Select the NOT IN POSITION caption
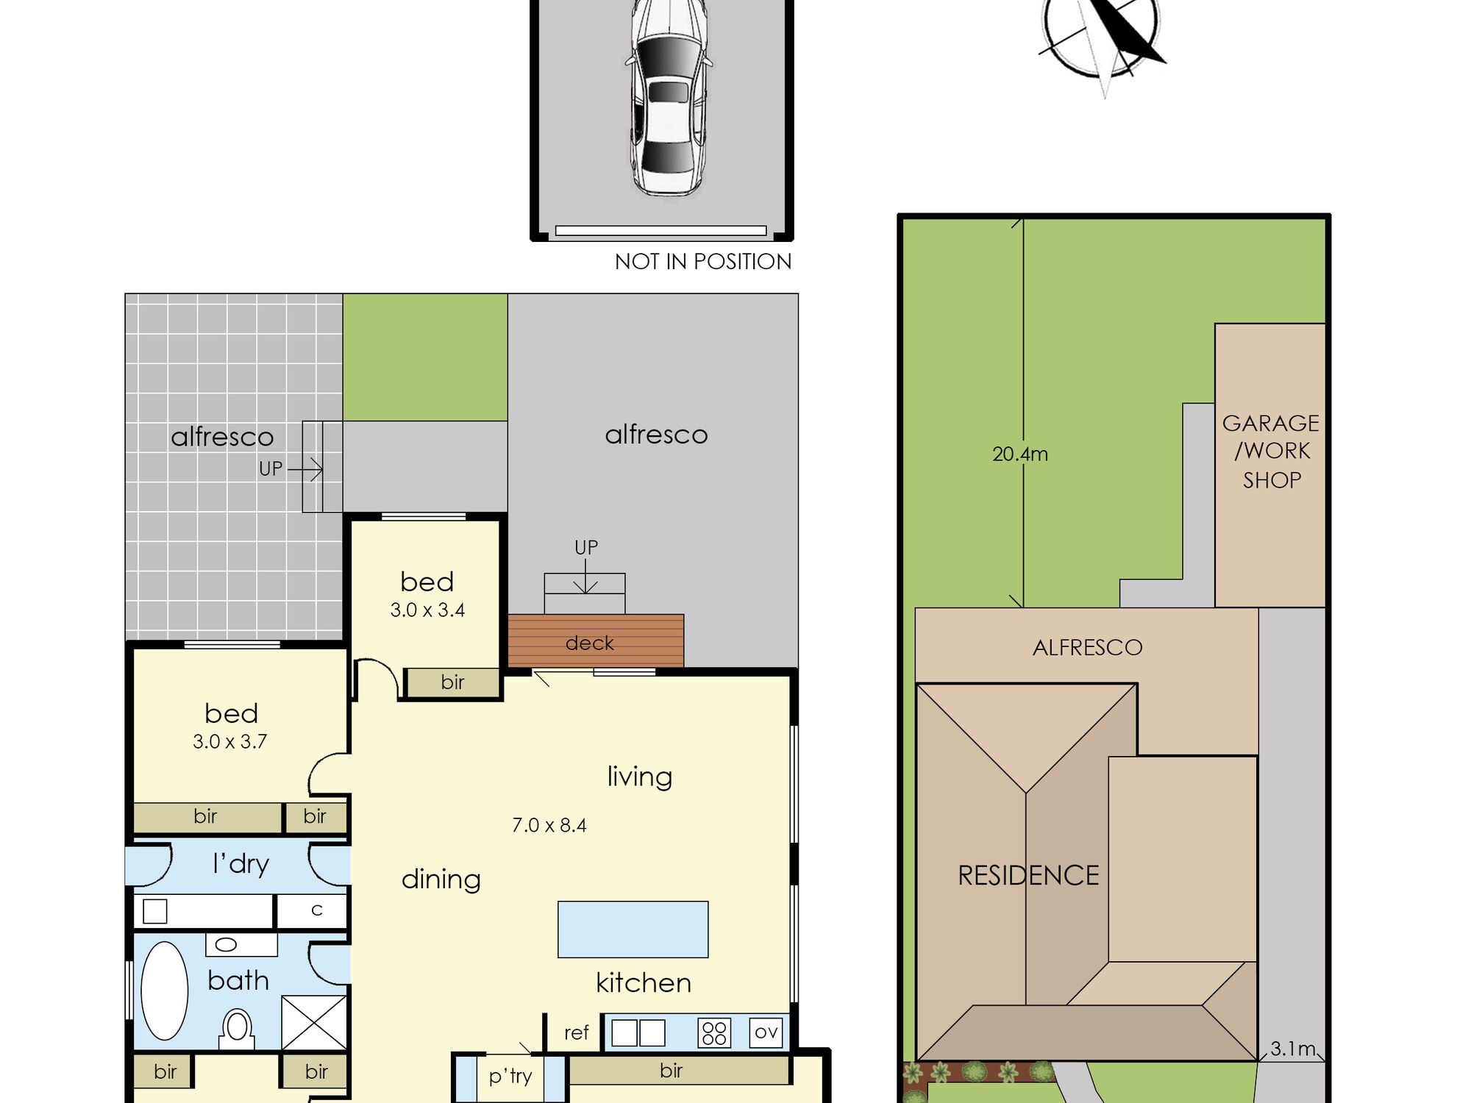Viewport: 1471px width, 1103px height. [703, 262]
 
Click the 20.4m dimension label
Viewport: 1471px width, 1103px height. [1020, 454]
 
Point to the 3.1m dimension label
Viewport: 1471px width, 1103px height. [1292, 1049]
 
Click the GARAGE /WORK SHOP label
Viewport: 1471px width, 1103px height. [1271, 451]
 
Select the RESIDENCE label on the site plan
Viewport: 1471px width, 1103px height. [1028, 876]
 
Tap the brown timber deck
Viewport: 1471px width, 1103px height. [596, 641]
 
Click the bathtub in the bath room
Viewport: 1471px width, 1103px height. [164, 991]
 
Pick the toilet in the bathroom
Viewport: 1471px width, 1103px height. [237, 1028]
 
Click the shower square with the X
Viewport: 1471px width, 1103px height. [314, 1022]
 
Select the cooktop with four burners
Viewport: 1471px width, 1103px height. [714, 1033]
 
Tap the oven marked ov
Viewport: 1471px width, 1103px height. [766, 1032]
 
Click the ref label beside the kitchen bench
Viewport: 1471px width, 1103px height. [576, 1033]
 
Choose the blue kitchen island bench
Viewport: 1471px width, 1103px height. [633, 929]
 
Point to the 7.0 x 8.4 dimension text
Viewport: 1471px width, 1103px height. [549, 825]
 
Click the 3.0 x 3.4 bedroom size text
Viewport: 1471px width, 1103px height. [427, 610]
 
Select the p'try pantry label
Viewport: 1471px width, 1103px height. [510, 1077]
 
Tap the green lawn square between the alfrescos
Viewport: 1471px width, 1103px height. [425, 357]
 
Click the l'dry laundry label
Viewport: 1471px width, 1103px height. [241, 864]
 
